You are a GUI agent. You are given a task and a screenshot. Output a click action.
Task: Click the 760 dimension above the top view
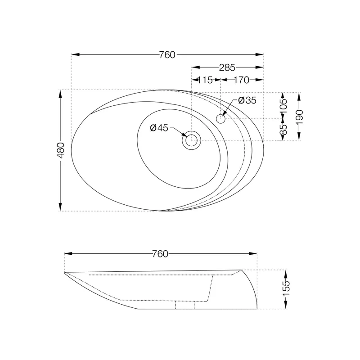pyautogui.click(x=167, y=55)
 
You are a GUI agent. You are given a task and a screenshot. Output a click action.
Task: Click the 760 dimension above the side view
pyautogui.click(x=160, y=254)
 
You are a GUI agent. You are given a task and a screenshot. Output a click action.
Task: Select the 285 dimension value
pyautogui.click(x=227, y=67)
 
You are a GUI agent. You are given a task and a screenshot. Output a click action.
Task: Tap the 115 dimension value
pyautogui.click(x=205, y=80)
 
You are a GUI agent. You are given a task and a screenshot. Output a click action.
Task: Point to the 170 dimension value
pyautogui.click(x=241, y=80)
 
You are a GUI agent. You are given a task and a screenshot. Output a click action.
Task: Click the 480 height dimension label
pyautogui.click(x=61, y=150)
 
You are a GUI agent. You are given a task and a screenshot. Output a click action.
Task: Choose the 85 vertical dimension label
pyautogui.click(x=283, y=130)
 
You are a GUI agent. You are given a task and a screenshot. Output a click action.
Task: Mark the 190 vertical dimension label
pyautogui.click(x=299, y=117)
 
